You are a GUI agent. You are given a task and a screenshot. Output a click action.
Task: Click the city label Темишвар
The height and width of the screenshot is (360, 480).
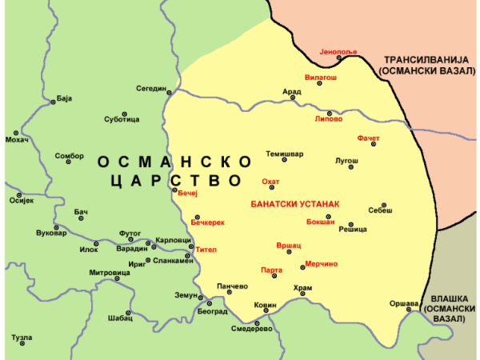pos(285,154)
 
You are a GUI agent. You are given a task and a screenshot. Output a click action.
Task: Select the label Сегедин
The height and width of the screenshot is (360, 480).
pos(150,88)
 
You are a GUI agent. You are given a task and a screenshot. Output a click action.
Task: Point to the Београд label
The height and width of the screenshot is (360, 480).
pos(212,311)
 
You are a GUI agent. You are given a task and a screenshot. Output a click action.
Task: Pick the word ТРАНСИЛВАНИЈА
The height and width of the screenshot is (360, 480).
pos(429,60)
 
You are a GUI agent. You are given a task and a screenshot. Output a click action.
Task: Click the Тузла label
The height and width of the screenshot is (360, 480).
pos(22,338)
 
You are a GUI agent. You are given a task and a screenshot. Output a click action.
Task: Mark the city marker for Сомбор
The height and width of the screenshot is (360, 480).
pos(69,162)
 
